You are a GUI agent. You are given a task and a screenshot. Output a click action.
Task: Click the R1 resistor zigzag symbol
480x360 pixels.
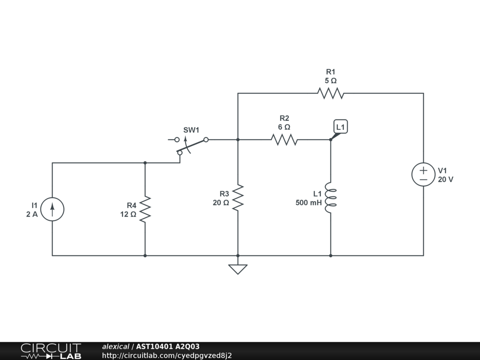(330, 93)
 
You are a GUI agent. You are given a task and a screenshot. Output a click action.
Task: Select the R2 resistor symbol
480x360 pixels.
(284, 140)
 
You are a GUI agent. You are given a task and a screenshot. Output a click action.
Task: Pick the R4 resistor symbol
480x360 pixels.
(145, 209)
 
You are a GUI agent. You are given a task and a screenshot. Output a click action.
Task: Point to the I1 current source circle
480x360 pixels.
(52, 209)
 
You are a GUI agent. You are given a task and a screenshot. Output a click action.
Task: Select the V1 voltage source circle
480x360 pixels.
(423, 174)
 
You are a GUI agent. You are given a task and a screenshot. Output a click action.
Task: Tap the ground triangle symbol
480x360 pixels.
(238, 269)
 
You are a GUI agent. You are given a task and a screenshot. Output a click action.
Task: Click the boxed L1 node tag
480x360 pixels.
(341, 127)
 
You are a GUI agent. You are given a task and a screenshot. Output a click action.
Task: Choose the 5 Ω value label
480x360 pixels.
(330, 81)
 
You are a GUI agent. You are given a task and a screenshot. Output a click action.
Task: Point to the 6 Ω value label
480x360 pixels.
(284, 127)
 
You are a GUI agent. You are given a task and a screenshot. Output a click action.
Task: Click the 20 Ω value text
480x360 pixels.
(221, 203)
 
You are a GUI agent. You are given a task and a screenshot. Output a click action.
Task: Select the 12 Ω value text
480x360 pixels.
(128, 215)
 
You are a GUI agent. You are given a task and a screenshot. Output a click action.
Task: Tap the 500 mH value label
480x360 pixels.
(308, 203)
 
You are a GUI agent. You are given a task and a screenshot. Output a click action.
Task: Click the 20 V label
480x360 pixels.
(446, 179)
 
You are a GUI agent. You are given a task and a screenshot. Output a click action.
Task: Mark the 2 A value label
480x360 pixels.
(32, 215)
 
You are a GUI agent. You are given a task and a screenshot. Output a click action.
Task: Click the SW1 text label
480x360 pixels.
(191, 129)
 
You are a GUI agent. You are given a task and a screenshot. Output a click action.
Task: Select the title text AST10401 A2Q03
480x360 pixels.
(168, 347)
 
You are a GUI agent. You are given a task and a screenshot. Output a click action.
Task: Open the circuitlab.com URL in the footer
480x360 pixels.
(167, 356)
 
